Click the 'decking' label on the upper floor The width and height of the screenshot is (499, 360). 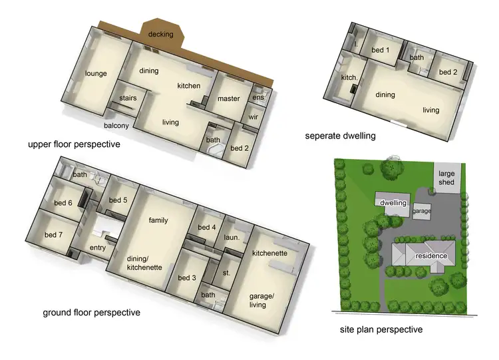pyautogui.click(x=161, y=34)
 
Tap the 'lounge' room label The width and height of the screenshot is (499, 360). pyautogui.click(x=96, y=74)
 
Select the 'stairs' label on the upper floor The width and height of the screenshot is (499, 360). pyautogui.click(x=128, y=98)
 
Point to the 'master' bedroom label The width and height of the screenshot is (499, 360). pyautogui.click(x=228, y=98)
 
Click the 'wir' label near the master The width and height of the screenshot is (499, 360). pyautogui.click(x=253, y=117)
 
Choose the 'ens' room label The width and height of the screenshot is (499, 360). pyautogui.click(x=257, y=97)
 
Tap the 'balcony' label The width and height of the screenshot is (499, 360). pyautogui.click(x=116, y=125)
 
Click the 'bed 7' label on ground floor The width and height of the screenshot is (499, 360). pyautogui.click(x=54, y=235)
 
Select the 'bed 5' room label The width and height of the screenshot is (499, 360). pyautogui.click(x=117, y=200)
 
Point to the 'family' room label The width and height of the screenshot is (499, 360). pyautogui.click(x=158, y=220)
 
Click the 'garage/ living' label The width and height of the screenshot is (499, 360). pyautogui.click(x=257, y=300)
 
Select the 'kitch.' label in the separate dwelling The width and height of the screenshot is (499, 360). pyautogui.click(x=349, y=78)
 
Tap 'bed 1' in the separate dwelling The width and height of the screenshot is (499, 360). pyautogui.click(x=380, y=50)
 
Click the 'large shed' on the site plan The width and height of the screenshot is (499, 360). pyautogui.click(x=446, y=178)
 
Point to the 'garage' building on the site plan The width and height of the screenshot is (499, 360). pyautogui.click(x=422, y=210)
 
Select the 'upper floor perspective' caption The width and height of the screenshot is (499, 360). pyautogui.click(x=74, y=144)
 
